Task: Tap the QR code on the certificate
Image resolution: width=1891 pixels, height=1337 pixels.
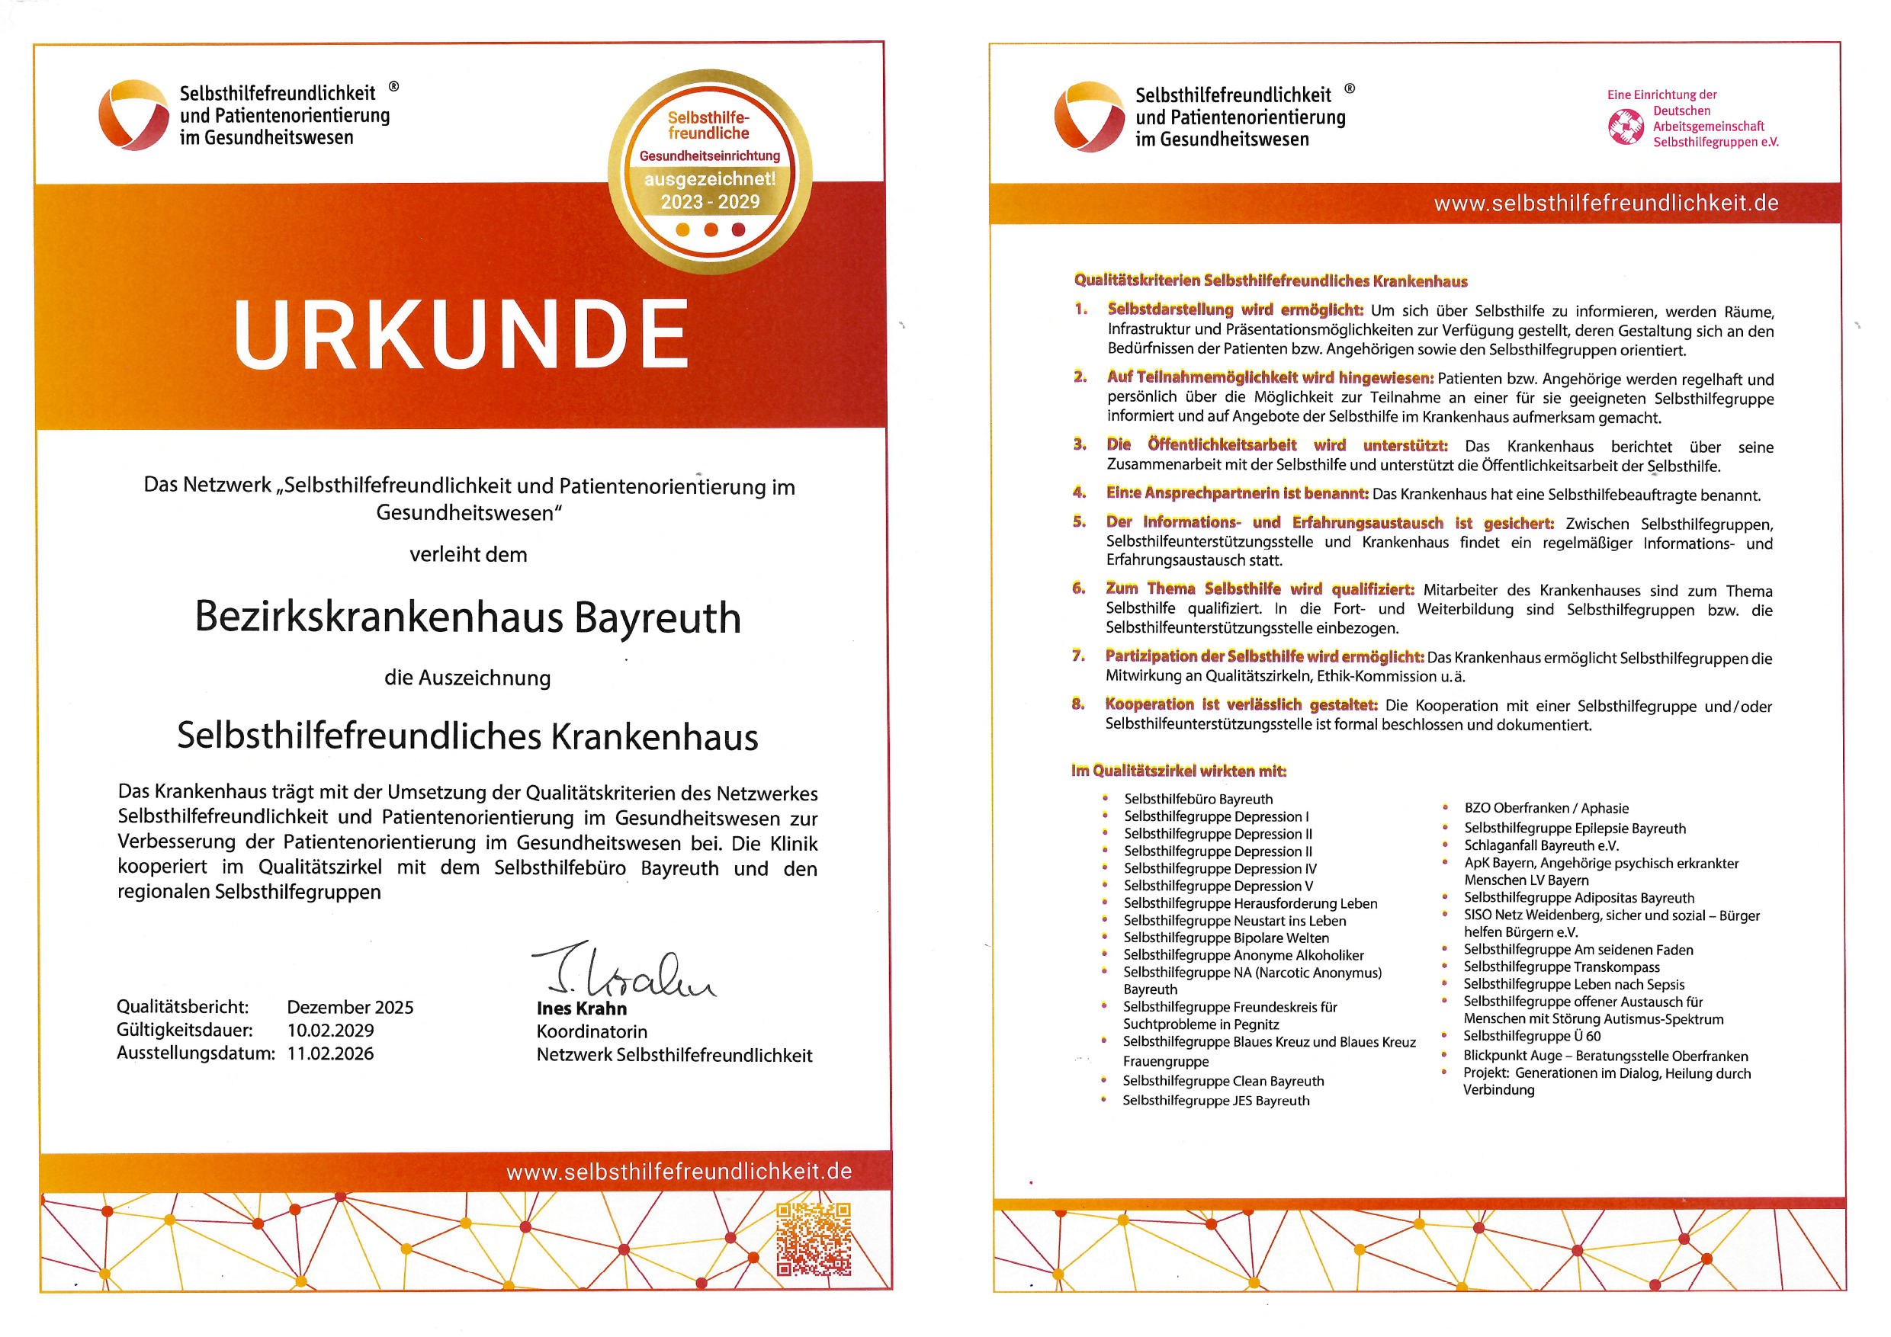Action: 814,1238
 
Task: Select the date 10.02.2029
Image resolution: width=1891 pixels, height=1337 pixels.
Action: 330,1030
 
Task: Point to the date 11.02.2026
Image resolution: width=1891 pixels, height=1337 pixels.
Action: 330,1053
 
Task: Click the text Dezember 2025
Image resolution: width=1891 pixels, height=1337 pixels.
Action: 350,1007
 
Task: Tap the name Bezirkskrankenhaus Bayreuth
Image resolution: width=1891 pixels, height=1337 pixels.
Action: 468,617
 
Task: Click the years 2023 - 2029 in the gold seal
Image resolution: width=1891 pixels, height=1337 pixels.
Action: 710,202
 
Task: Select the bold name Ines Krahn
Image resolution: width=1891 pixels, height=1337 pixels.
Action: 582,1008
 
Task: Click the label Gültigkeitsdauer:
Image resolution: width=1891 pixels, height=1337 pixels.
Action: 185,1030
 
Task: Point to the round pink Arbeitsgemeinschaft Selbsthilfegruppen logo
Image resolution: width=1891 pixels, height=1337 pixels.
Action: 1625,127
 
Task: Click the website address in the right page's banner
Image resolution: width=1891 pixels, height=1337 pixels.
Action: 1606,204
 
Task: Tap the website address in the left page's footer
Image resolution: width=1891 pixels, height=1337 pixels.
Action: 679,1172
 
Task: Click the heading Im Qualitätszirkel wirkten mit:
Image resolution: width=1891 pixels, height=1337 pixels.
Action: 1179,771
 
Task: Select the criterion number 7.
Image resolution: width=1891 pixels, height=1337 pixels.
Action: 1078,656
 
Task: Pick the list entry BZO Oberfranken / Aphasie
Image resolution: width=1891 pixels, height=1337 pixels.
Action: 1546,809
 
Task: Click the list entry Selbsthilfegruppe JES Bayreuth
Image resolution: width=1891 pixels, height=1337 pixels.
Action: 1215,1101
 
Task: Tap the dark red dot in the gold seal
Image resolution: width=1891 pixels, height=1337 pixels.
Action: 739,229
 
